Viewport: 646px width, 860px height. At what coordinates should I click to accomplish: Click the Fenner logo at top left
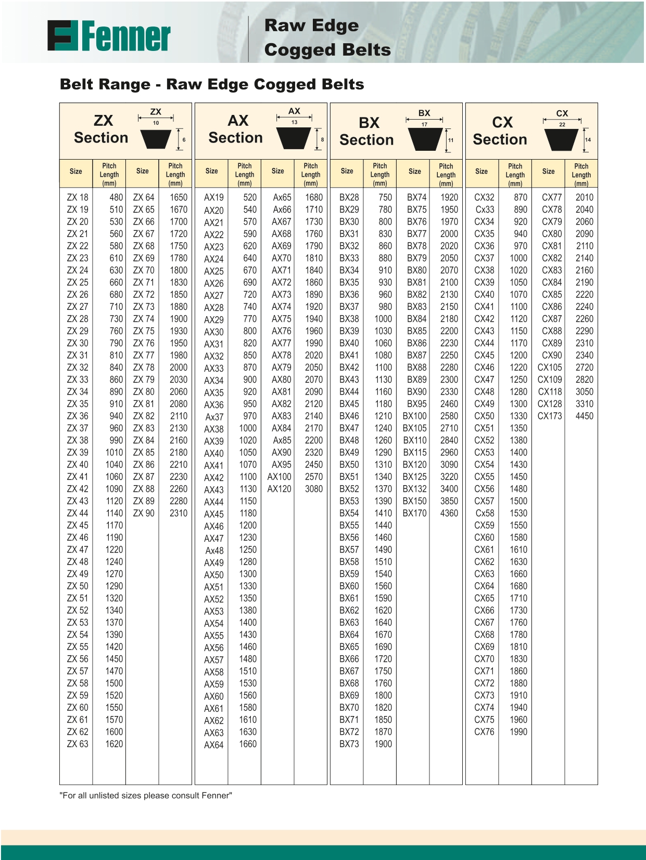tap(109, 36)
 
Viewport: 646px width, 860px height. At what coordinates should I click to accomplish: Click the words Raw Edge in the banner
tap(311, 25)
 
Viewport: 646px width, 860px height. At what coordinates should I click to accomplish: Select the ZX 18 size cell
tap(78, 198)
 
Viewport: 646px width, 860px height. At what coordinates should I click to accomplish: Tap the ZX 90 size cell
tap(144, 513)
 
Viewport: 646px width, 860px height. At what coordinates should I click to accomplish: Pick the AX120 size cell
tap(279, 489)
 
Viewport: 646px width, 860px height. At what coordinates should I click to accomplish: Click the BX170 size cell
tap(414, 513)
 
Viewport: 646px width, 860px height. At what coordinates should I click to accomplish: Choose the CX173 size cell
tap(550, 416)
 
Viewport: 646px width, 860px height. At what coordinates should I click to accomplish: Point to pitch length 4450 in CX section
tap(584, 416)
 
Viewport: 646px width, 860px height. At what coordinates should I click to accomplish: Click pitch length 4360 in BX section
tap(449, 513)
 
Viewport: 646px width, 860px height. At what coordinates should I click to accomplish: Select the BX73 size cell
tap(349, 744)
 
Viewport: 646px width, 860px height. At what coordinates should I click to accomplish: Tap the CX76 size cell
tap(484, 732)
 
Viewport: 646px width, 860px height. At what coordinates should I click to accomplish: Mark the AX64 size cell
tap(213, 745)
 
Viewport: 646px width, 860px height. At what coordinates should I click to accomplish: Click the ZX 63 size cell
tap(78, 744)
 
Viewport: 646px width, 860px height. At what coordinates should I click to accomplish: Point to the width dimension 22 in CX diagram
tap(562, 125)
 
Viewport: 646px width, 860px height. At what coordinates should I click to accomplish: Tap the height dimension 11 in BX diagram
tap(451, 140)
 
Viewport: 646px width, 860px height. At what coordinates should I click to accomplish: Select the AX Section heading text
tap(236, 129)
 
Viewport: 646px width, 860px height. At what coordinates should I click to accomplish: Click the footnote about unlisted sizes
tap(146, 796)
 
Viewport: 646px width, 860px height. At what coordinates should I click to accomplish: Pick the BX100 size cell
tap(414, 416)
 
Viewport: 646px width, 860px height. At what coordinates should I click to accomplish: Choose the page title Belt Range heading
tap(212, 84)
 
